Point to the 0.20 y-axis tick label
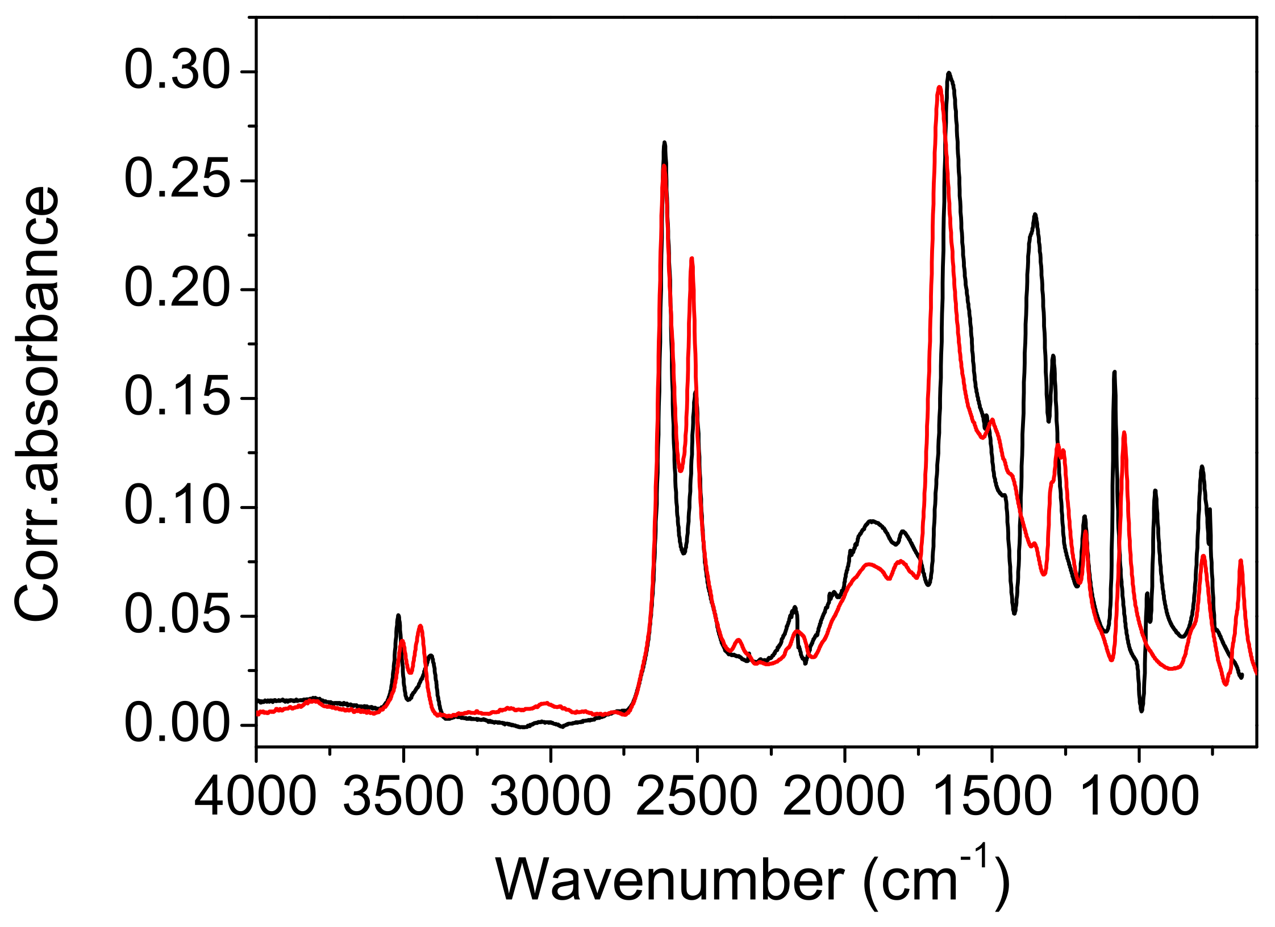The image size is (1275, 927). [177, 290]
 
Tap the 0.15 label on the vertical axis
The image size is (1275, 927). [177, 398]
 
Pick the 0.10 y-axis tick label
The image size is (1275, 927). [177, 507]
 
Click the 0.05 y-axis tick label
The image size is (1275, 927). [177, 616]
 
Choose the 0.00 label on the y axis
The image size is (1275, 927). [177, 725]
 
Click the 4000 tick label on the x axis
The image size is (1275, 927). [256, 797]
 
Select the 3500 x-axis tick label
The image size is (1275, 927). [403, 797]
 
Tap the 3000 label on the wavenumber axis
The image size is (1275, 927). [550, 797]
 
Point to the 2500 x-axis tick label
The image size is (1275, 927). [697, 797]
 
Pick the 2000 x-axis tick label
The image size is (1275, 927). [844, 797]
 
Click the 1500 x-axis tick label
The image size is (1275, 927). [991, 797]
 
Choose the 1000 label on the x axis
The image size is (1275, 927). [1139, 797]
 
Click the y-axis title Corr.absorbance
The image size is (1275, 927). [37, 403]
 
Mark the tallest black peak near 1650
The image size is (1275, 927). [948, 73]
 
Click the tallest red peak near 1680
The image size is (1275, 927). [939, 87]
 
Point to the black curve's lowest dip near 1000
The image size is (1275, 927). [1141, 711]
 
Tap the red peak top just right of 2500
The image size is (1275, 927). [691, 259]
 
